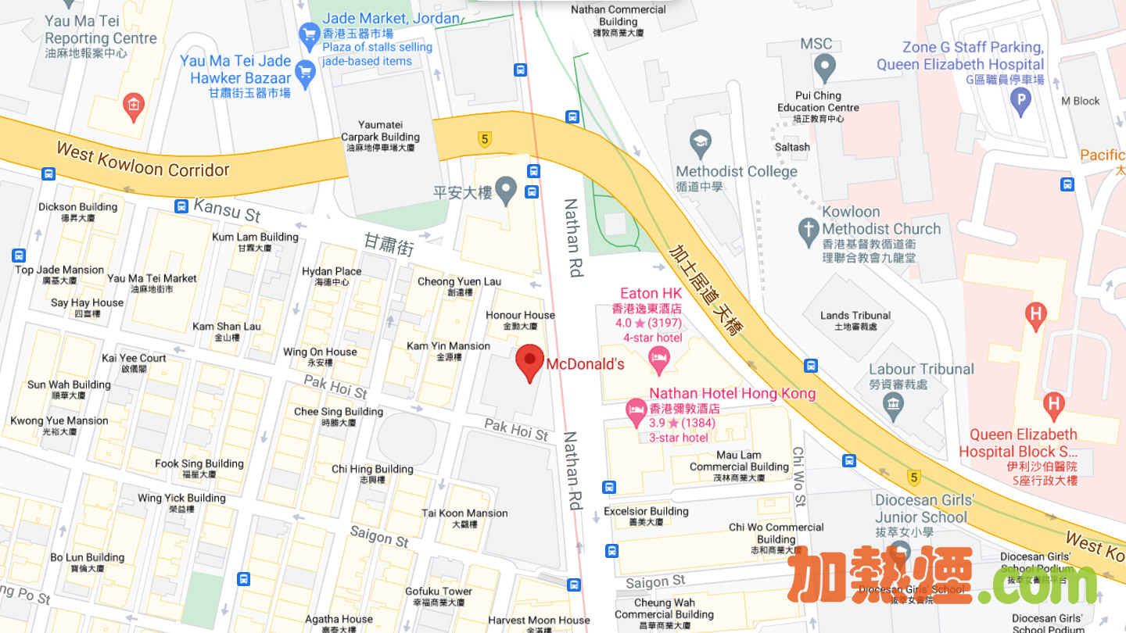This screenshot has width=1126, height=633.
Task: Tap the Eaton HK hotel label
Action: pyautogui.click(x=651, y=294)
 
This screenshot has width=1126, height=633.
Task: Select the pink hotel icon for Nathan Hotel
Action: pyautogui.click(x=636, y=408)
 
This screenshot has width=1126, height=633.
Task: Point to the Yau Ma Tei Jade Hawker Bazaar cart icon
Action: pyautogui.click(x=305, y=74)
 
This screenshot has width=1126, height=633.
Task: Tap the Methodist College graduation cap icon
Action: pyautogui.click(x=701, y=143)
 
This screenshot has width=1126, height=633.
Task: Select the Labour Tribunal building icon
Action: pyautogui.click(x=892, y=404)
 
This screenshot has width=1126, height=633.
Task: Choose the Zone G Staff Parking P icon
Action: pyautogui.click(x=1020, y=100)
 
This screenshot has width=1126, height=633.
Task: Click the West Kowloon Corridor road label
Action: pyautogui.click(x=142, y=159)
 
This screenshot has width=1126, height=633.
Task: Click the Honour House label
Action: pyautogui.click(x=520, y=316)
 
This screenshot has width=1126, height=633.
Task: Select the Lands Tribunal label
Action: pyautogui.click(x=855, y=316)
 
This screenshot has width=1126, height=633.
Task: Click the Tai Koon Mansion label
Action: pyautogui.click(x=464, y=513)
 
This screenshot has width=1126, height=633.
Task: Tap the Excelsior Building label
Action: pyautogui.click(x=646, y=512)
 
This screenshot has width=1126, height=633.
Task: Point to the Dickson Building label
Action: pyautogui.click(x=77, y=207)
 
